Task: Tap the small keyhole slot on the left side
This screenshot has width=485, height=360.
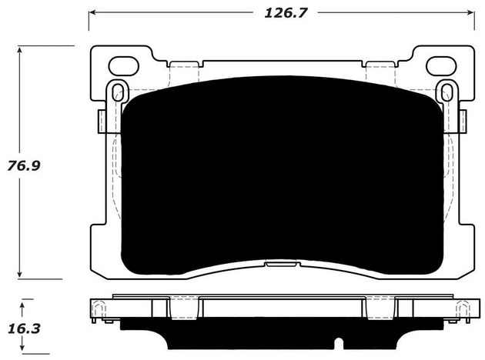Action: click(117, 92)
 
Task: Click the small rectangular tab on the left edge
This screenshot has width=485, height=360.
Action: click(102, 120)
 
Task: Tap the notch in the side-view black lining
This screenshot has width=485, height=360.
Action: click(338, 341)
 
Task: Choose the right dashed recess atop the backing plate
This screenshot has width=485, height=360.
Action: click(381, 69)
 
